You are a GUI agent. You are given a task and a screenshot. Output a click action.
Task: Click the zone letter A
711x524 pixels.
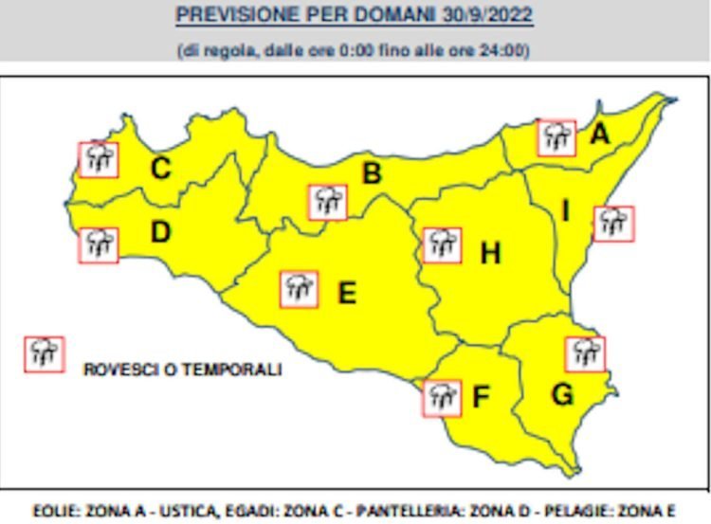pyautogui.click(x=599, y=135)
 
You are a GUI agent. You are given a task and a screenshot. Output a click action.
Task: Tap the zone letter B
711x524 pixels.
pyautogui.click(x=372, y=173)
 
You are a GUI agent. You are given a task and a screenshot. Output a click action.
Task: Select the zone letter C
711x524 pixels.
pyautogui.click(x=161, y=169)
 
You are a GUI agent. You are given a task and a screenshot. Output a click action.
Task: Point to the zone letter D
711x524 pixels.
pyautogui.click(x=160, y=232)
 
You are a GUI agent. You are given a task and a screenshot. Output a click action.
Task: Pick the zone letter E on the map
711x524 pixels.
pyautogui.click(x=347, y=293)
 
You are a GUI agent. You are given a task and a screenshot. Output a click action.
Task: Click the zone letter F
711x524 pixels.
pyautogui.click(x=481, y=397)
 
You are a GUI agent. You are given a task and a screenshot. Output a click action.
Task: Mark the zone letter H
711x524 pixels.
pyautogui.click(x=490, y=253)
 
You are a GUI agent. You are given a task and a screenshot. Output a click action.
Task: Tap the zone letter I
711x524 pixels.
pyautogui.click(x=566, y=211)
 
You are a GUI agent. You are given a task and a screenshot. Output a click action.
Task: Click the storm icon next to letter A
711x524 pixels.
pyautogui.click(x=556, y=138)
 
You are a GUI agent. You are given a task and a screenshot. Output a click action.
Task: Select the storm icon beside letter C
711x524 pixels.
pyautogui.click(x=98, y=158)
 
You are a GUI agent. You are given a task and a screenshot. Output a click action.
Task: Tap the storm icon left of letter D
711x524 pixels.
pyautogui.click(x=99, y=244)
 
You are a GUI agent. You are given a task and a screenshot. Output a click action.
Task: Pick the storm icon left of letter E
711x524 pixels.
pyautogui.click(x=299, y=288)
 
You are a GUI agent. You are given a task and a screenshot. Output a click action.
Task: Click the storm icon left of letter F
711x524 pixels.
pyautogui.click(x=441, y=398)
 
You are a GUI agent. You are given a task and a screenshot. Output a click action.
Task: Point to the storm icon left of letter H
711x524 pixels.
pyautogui.click(x=441, y=244)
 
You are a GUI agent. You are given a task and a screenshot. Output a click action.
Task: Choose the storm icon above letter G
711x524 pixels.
pyautogui.click(x=585, y=353)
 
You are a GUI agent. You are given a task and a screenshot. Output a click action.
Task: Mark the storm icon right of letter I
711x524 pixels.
pyautogui.click(x=613, y=224)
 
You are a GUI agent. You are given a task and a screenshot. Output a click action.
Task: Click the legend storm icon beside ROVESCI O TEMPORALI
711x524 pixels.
pyautogui.click(x=44, y=353)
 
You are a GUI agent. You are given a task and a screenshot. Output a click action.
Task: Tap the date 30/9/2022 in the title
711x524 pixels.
pyautogui.click(x=492, y=16)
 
